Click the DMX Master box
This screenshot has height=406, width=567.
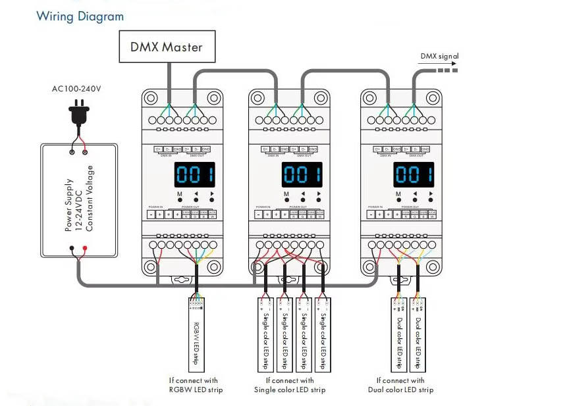(x=166, y=47)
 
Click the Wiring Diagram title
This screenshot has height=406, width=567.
(x=80, y=16)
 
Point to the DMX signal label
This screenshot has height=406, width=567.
(x=439, y=57)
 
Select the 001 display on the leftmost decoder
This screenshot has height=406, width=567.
(x=195, y=175)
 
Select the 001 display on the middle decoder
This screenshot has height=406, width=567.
(x=302, y=175)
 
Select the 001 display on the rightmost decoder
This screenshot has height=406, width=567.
(x=414, y=175)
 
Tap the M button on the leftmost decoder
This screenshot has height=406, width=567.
(x=179, y=200)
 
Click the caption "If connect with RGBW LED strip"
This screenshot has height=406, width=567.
(x=196, y=385)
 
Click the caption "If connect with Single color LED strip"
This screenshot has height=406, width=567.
(x=290, y=385)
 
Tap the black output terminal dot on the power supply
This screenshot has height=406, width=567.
(x=71, y=249)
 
